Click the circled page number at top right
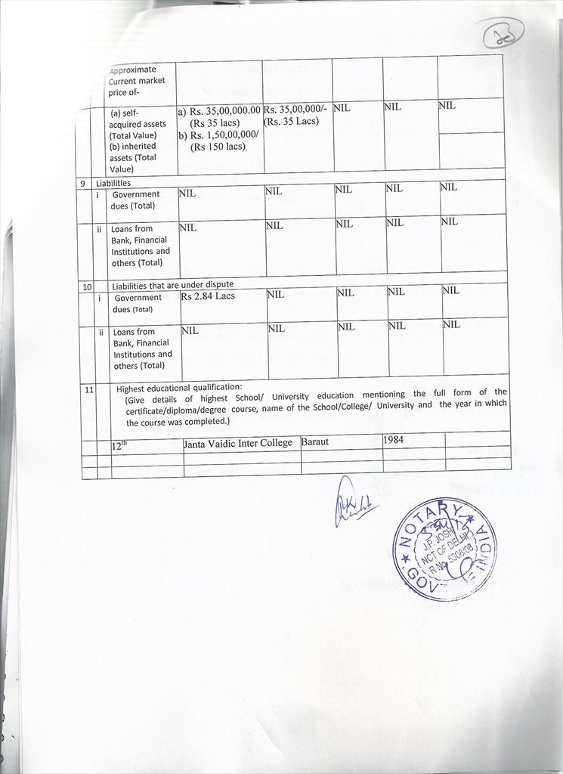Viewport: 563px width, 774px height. click(503, 33)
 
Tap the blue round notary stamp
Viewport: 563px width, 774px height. click(444, 548)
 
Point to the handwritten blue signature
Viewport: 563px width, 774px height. click(351, 503)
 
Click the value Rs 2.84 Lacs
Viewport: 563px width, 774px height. click(208, 296)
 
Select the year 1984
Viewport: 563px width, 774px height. click(394, 439)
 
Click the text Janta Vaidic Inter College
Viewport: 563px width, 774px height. click(238, 443)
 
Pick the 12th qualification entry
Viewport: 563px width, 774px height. click(120, 446)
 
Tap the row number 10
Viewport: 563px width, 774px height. click(87, 286)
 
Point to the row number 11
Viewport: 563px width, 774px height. click(89, 390)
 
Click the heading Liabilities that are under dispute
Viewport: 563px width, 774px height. click(173, 286)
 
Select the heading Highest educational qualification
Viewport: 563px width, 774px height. click(179, 388)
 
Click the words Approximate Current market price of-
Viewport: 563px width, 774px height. click(137, 81)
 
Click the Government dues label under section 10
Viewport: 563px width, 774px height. click(138, 303)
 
